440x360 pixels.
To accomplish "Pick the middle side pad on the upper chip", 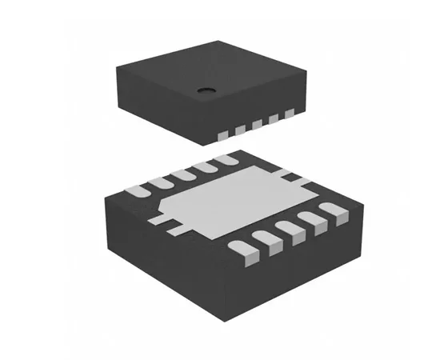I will (257, 125).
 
